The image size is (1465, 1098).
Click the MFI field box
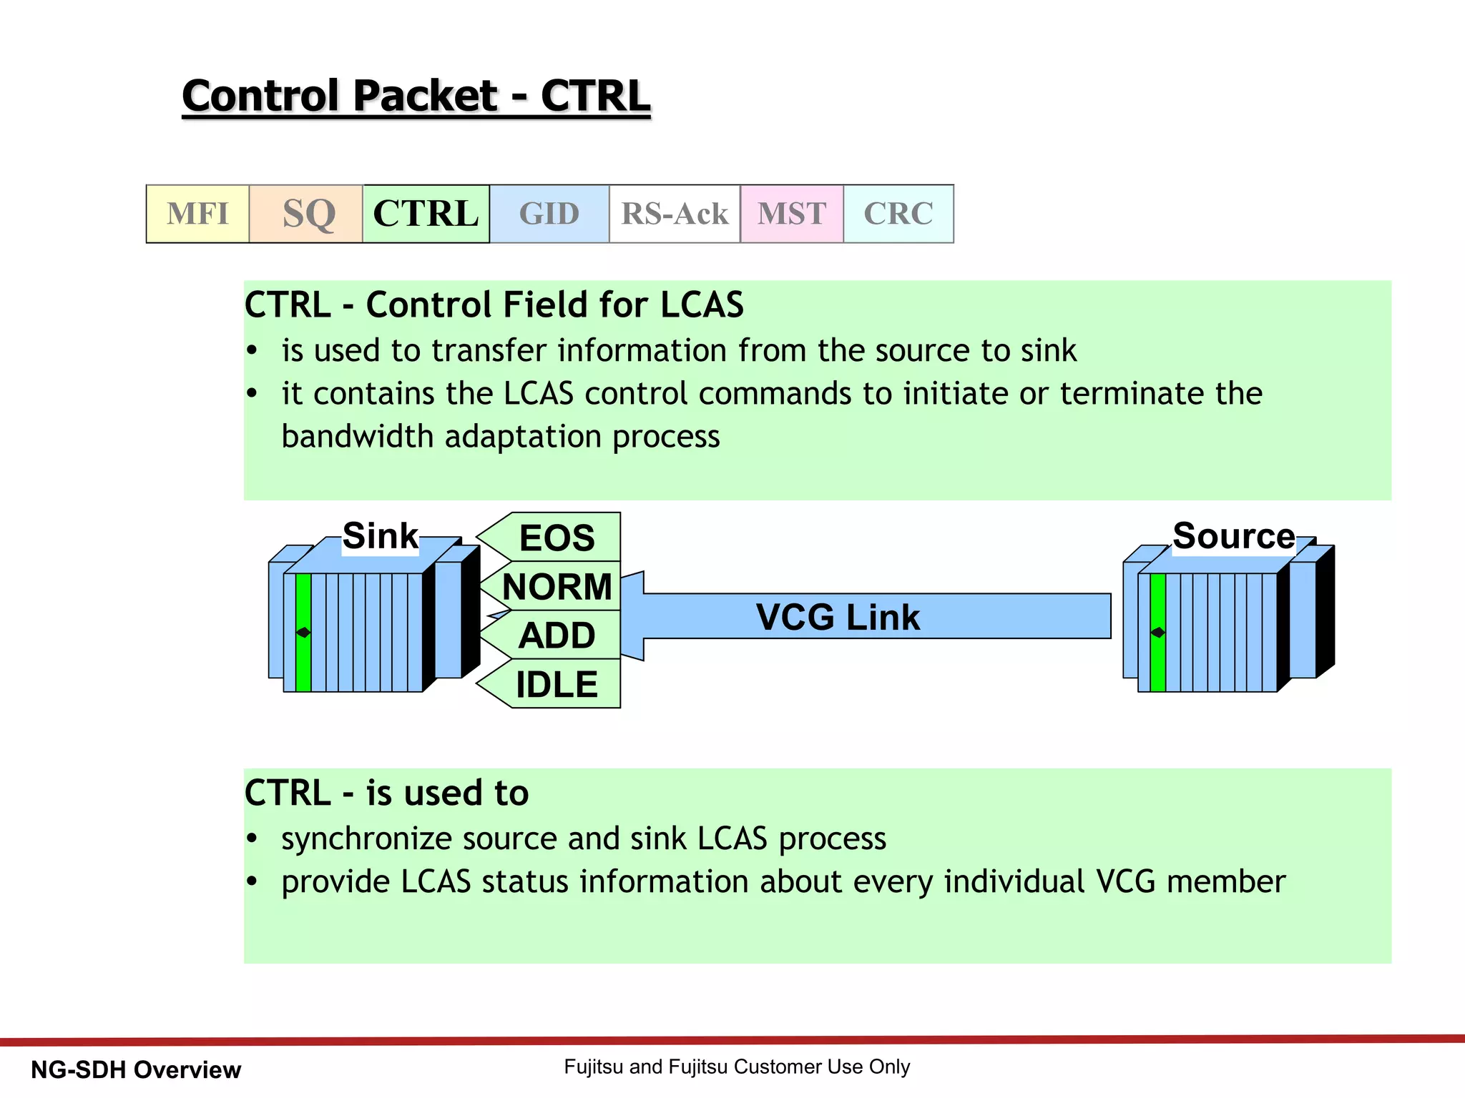coord(197,214)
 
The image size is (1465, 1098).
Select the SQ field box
coord(306,214)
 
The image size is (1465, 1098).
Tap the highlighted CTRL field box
coord(426,214)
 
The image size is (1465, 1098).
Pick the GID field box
coord(549,214)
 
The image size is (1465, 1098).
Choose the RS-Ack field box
coord(675,214)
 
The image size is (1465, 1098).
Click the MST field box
coord(792,214)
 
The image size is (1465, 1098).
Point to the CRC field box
coord(898,214)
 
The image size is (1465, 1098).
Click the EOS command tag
coord(557,538)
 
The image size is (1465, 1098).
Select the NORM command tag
coord(557,586)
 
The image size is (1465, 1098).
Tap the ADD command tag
coord(557,635)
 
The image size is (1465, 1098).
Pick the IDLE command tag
coord(557,684)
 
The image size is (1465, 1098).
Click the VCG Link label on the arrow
coord(838,617)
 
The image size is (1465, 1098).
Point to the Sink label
coord(380,536)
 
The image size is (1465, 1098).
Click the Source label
coord(1233,536)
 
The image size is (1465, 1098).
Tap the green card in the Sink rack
coord(303,632)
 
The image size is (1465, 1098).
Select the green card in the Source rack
coord(1158,632)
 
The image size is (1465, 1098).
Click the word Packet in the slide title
coord(425,96)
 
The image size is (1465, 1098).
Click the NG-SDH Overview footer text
coord(136,1069)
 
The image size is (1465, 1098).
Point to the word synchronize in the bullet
coord(366,839)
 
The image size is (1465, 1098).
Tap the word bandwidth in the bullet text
coord(358,436)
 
